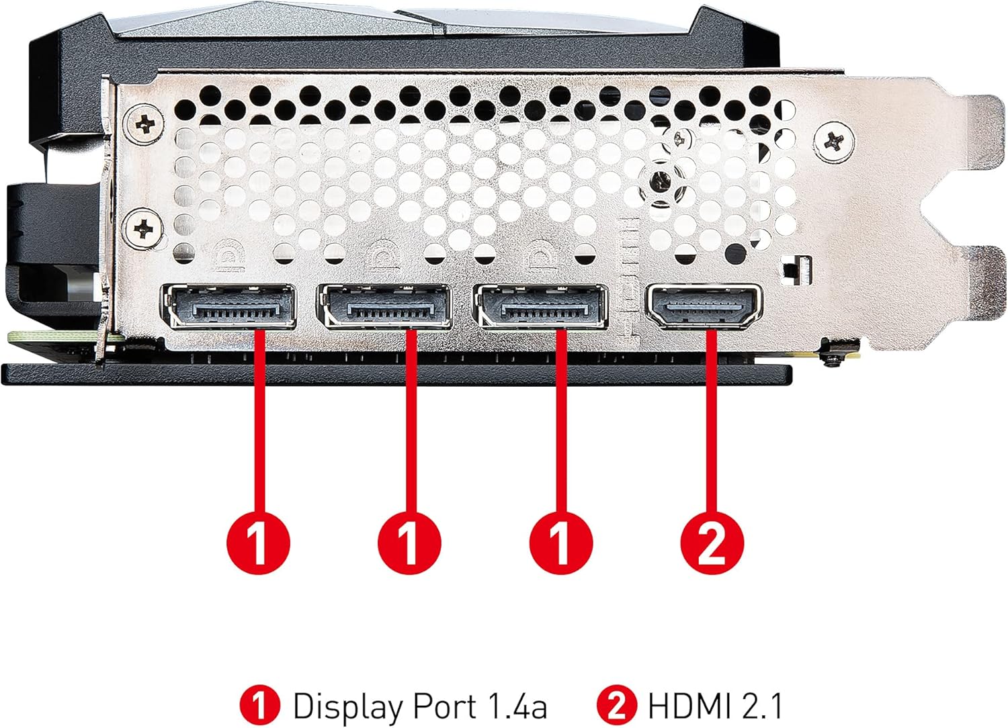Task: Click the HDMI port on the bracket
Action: [x=704, y=306]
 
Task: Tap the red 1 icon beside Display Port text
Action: [x=259, y=706]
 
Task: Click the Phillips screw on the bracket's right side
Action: [x=835, y=142]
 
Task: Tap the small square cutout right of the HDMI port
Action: [x=798, y=267]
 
